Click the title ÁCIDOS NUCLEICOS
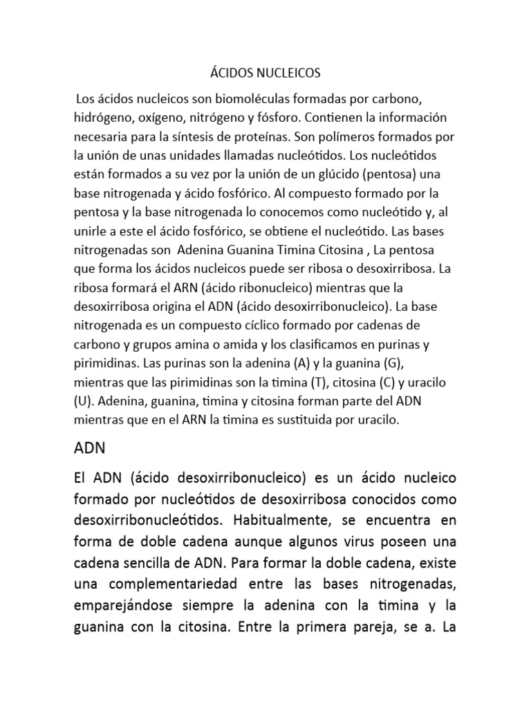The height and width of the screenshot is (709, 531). pos(265,72)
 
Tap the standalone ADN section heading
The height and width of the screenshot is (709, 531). pos(89,447)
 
